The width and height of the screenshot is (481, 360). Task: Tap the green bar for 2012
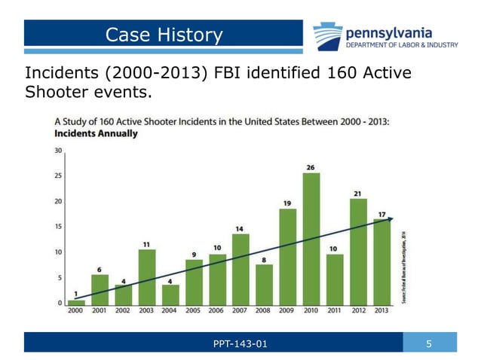358,250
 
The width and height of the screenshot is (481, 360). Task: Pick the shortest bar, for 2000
76,302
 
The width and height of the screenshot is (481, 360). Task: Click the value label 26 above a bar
311,166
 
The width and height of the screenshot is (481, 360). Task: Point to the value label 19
287,203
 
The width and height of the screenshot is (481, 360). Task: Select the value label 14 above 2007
240,228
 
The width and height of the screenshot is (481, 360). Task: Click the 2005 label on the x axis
194,310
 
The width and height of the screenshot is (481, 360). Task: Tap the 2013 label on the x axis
381,310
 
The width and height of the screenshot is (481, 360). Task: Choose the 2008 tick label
264,310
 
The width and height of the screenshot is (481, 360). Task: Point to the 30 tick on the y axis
59,150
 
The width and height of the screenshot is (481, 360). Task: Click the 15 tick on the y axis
59,227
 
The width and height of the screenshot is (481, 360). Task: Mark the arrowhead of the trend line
390,218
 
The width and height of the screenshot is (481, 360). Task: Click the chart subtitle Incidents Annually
96,134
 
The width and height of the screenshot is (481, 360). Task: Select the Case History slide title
164,35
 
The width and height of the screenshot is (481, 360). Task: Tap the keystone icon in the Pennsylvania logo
327,35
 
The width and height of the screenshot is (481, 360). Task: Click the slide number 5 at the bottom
429,344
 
